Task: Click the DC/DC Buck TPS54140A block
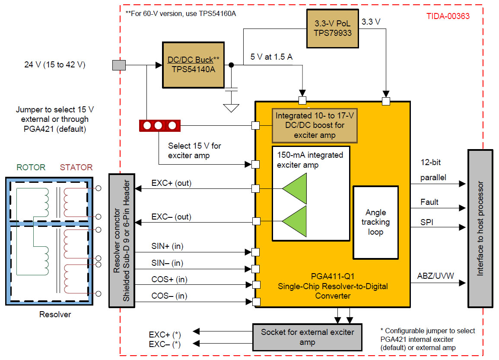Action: click(x=193, y=65)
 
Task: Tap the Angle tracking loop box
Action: click(x=375, y=222)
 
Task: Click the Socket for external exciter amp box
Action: click(x=307, y=337)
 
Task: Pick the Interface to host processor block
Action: click(x=480, y=228)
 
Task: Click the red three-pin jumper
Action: click(x=159, y=126)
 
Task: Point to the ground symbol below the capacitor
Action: click(x=232, y=107)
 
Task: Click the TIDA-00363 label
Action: click(x=448, y=16)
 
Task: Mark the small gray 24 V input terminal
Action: click(x=119, y=65)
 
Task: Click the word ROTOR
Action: click(x=31, y=167)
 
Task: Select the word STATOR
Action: click(x=76, y=167)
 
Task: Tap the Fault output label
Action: click(x=429, y=202)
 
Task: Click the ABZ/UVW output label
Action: click(x=435, y=276)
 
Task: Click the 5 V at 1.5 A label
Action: click(x=271, y=57)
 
